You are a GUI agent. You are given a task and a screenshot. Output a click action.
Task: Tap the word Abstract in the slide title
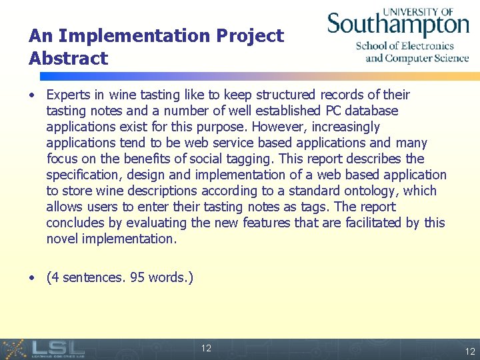click(68, 58)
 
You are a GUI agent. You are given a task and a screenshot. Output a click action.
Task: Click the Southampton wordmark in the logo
click(397, 25)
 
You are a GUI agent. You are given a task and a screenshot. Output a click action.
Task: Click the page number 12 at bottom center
click(206, 348)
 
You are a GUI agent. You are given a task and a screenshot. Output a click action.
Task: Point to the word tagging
click(247, 159)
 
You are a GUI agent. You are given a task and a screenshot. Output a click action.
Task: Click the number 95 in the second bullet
click(138, 277)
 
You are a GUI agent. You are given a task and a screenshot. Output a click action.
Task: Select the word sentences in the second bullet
click(91, 277)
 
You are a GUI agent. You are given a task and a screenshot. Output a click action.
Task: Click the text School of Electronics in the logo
click(405, 46)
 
